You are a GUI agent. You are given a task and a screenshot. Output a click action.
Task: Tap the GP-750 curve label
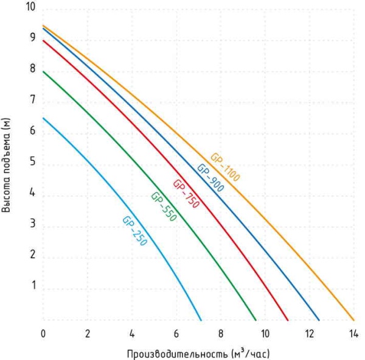(x=186, y=194)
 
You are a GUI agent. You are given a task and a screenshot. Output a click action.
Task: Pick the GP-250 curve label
(x=134, y=230)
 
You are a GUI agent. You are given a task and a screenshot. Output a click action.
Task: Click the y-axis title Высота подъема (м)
(x=7, y=164)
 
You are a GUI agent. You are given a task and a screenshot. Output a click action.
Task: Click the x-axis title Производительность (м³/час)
(x=198, y=353)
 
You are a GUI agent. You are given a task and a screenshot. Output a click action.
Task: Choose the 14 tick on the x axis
(x=353, y=334)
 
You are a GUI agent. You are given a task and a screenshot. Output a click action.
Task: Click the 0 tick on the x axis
(x=43, y=334)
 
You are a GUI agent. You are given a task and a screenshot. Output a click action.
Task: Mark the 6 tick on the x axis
(x=176, y=334)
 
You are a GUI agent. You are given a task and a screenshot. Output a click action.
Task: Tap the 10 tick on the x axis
(x=265, y=334)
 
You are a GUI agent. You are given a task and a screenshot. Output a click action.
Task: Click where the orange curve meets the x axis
(x=353, y=319)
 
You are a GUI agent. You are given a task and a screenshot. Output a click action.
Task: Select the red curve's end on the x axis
(x=287, y=319)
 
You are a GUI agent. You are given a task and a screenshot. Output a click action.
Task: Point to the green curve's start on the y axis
(x=43, y=72)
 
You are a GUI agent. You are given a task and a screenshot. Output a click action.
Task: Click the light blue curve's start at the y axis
(x=43, y=118)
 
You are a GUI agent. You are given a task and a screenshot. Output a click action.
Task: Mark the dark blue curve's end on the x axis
(x=319, y=319)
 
